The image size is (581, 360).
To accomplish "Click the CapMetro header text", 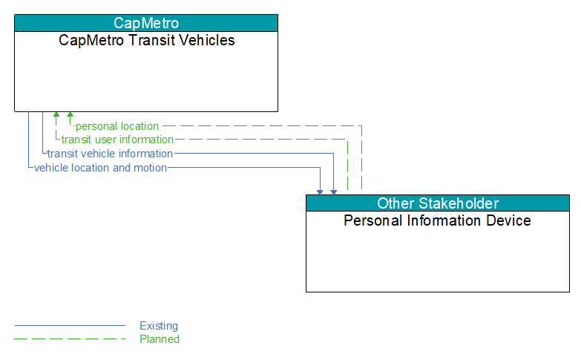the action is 146,23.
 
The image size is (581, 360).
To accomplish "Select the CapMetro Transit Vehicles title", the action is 146,40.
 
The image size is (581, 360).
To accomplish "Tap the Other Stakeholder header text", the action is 438,203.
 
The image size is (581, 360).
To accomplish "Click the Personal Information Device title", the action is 437,220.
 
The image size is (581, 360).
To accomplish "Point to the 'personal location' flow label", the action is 117,126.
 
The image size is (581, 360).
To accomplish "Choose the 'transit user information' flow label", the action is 117,140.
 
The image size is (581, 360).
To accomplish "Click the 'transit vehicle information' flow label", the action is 110,154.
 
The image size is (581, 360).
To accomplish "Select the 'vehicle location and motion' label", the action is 100,168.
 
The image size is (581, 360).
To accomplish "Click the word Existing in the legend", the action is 159,326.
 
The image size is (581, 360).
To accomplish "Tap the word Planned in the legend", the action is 160,339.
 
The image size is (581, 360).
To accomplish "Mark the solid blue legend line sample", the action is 70,326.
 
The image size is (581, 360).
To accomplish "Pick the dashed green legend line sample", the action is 70,339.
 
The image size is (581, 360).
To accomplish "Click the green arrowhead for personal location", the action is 70,114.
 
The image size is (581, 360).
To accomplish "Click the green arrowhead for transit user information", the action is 56,114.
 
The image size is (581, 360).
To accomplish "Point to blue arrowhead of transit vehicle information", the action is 333,192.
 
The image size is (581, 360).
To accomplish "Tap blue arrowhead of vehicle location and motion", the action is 320,192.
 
